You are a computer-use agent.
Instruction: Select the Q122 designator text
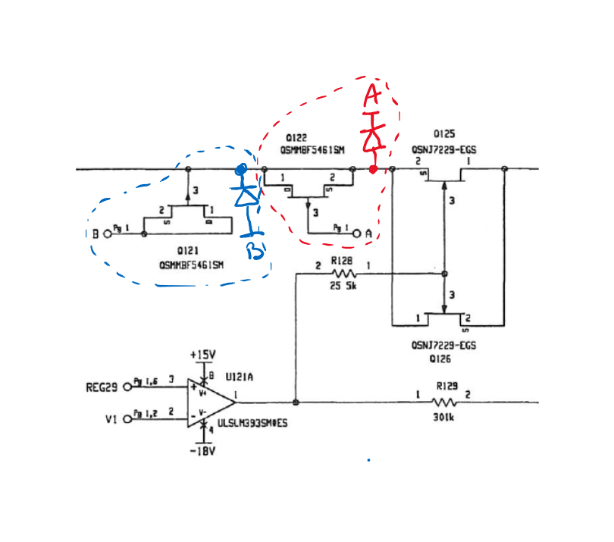pyautogui.click(x=296, y=138)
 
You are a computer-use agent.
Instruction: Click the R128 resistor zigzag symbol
pyautogui.click(x=344, y=274)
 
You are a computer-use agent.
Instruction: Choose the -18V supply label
pyautogui.click(x=202, y=452)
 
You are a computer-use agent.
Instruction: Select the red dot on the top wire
pyautogui.click(x=373, y=169)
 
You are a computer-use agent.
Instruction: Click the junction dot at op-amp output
pyautogui.click(x=296, y=403)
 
